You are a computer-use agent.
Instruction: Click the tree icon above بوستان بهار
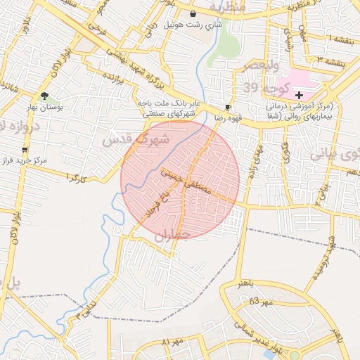click(x=45, y=96)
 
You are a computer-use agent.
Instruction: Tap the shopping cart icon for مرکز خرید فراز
click(x=25, y=150)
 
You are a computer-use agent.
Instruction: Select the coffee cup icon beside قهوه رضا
click(x=227, y=107)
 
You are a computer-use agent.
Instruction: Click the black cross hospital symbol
click(x=300, y=94)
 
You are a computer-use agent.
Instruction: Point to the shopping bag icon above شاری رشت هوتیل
click(x=193, y=13)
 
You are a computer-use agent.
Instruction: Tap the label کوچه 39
click(x=261, y=87)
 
